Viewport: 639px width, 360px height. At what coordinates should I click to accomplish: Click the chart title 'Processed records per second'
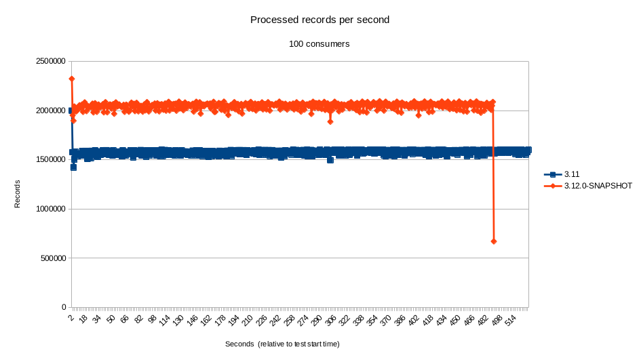[319, 20]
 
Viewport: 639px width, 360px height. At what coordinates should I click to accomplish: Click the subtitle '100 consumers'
[319, 44]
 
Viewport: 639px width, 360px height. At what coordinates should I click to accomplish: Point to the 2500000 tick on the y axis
[50, 61]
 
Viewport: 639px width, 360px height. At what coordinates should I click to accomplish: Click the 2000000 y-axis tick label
[50, 111]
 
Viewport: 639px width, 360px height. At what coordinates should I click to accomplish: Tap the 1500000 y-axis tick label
[50, 160]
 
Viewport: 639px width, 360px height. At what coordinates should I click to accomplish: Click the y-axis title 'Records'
[18, 193]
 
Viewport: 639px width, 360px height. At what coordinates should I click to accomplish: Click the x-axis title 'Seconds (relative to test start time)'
[282, 344]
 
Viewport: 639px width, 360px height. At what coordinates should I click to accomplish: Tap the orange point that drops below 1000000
[494, 241]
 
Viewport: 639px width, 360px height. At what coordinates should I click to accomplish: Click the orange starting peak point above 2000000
[72, 79]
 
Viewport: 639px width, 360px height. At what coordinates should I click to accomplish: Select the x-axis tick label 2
[71, 316]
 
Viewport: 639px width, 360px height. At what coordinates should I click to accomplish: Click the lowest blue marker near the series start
[73, 167]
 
